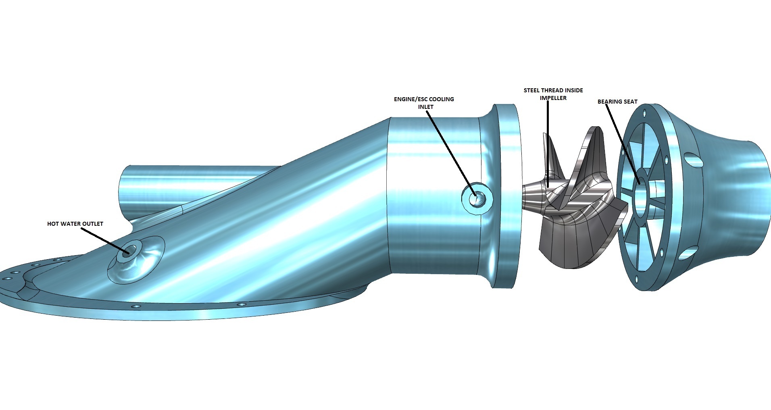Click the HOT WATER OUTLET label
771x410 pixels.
click(75, 224)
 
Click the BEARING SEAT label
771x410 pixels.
click(617, 102)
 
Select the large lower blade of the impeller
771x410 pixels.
click(573, 246)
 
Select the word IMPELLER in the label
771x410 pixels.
click(553, 98)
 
